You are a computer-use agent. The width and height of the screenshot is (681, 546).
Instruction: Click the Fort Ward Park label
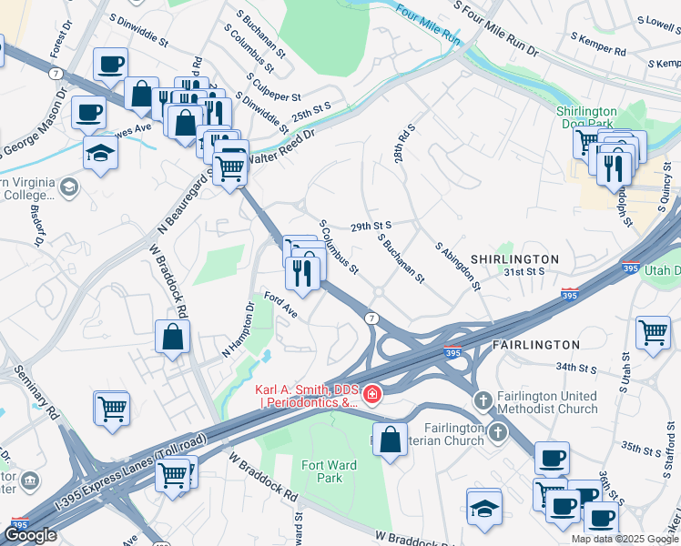pos(329,471)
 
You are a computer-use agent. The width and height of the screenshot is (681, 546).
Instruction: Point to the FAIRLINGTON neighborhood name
pos(535,345)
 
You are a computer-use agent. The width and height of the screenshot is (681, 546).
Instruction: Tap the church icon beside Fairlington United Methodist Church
pos(483,399)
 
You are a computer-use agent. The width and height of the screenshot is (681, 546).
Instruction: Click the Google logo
pos(31,535)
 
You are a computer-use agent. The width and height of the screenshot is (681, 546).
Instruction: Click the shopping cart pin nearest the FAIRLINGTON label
pos(653,332)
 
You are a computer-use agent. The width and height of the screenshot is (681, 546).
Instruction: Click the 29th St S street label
pos(371,225)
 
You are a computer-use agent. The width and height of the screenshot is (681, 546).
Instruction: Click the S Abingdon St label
pos(457,266)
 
